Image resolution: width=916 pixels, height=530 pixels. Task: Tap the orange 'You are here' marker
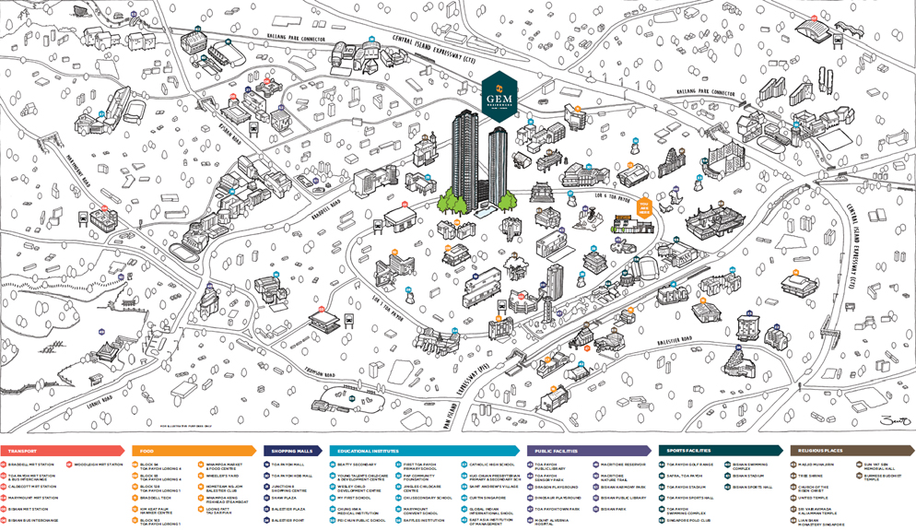[646, 206]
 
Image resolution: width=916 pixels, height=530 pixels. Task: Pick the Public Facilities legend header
[554, 451]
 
